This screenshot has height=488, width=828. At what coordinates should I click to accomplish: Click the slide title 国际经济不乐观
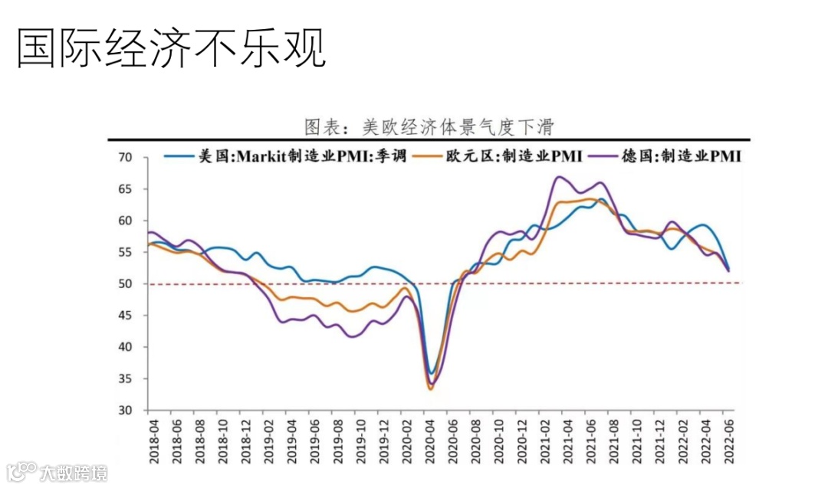pyautogui.click(x=171, y=49)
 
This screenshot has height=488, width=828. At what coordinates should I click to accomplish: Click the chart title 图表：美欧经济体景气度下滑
pyautogui.click(x=429, y=126)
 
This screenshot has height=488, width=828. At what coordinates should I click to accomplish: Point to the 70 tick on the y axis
pyautogui.click(x=126, y=158)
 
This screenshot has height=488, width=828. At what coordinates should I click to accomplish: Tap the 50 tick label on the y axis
pyautogui.click(x=126, y=284)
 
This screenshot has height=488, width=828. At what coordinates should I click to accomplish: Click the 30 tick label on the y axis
pyautogui.click(x=126, y=411)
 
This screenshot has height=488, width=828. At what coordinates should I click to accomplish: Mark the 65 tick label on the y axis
pyautogui.click(x=126, y=189)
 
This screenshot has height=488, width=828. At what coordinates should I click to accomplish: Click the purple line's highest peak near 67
pyautogui.click(x=560, y=177)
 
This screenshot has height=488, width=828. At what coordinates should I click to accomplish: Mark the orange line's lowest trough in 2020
pyautogui.click(x=430, y=389)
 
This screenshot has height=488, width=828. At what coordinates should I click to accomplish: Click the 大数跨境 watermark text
pyautogui.click(x=74, y=472)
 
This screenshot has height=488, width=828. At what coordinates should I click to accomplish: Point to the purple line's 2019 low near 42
pyautogui.click(x=353, y=336)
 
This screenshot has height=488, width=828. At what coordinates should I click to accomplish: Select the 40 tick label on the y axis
pyautogui.click(x=126, y=347)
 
